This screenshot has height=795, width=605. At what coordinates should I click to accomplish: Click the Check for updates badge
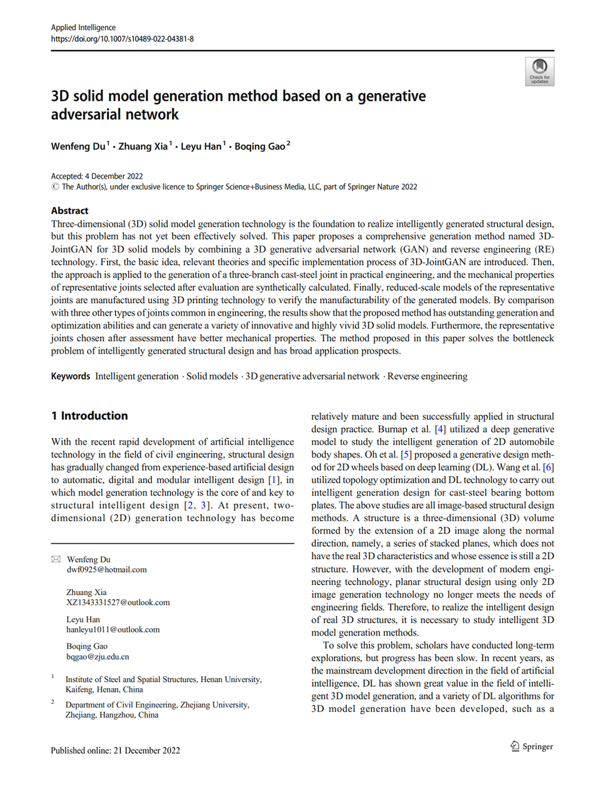(539, 71)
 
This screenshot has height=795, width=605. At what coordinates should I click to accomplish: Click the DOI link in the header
(122, 39)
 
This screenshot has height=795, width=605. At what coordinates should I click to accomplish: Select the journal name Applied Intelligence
(83, 27)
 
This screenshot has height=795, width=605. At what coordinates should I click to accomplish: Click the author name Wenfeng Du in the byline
(78, 146)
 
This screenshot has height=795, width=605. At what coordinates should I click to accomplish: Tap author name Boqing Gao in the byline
(259, 146)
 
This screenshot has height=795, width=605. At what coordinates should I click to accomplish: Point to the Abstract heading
(69, 211)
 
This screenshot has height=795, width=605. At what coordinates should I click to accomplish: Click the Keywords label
(71, 376)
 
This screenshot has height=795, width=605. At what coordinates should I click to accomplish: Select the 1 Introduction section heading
(89, 416)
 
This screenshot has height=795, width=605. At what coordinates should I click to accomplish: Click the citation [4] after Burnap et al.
(441, 429)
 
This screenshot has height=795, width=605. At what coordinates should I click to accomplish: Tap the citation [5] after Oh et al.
(406, 454)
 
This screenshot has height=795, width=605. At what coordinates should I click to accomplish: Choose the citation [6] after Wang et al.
(548, 467)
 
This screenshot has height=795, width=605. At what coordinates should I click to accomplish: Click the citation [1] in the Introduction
(274, 480)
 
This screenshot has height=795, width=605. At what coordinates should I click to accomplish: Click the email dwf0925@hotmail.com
(107, 570)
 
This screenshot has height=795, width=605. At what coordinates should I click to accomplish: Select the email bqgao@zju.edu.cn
(98, 657)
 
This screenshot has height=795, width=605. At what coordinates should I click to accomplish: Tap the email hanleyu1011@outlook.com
(113, 630)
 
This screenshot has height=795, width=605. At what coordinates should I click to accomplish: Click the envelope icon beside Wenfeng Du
(56, 559)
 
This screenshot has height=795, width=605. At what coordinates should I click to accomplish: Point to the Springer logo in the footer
(532, 746)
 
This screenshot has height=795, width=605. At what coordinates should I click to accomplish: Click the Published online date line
(116, 751)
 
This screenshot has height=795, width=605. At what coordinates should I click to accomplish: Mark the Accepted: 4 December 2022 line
(97, 176)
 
